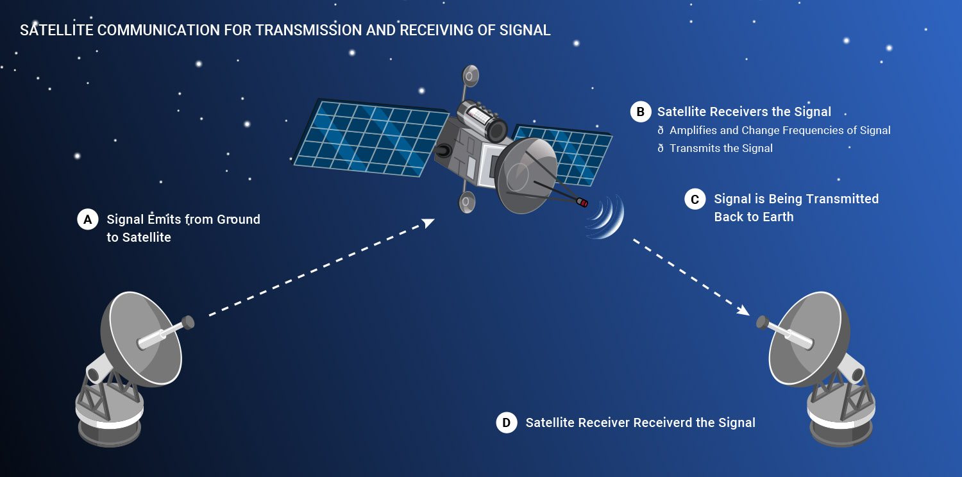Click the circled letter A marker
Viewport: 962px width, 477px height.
point(88,220)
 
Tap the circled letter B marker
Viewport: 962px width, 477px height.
point(640,112)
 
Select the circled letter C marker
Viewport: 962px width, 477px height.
point(695,199)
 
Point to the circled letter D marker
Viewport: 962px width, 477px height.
point(507,423)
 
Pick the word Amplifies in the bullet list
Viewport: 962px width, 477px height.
point(691,131)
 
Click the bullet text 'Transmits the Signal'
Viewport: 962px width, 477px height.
point(721,149)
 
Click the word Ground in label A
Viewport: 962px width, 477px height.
point(239,219)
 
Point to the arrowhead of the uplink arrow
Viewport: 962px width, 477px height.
point(428,223)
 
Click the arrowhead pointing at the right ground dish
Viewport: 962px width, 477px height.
point(743,310)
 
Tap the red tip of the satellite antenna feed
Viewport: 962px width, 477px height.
point(583,203)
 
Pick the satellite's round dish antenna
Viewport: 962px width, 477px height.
point(525,176)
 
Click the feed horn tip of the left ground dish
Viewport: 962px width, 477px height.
point(188,323)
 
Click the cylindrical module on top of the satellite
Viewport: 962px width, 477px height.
point(482,121)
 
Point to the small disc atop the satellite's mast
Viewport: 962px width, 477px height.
point(470,76)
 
